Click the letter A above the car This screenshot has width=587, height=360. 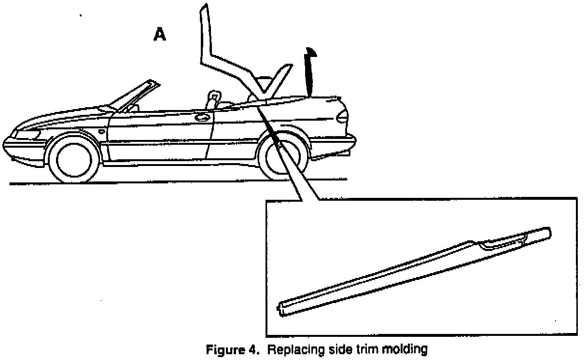pos(160,34)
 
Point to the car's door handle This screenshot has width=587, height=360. pos(202,116)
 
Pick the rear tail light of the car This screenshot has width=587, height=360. pos(342,116)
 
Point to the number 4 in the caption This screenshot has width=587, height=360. pos(254,349)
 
